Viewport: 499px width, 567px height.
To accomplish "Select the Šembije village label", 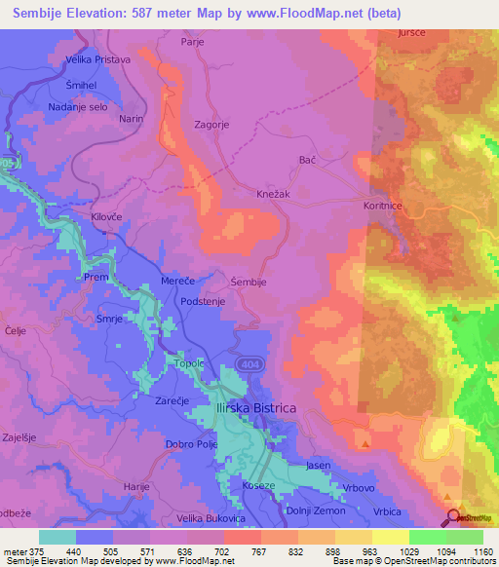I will click(249, 282).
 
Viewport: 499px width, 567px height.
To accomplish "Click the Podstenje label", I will click(205, 302).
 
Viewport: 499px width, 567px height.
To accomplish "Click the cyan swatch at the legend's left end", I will click(57, 537).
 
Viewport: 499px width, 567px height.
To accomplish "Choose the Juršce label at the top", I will click(411, 33).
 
